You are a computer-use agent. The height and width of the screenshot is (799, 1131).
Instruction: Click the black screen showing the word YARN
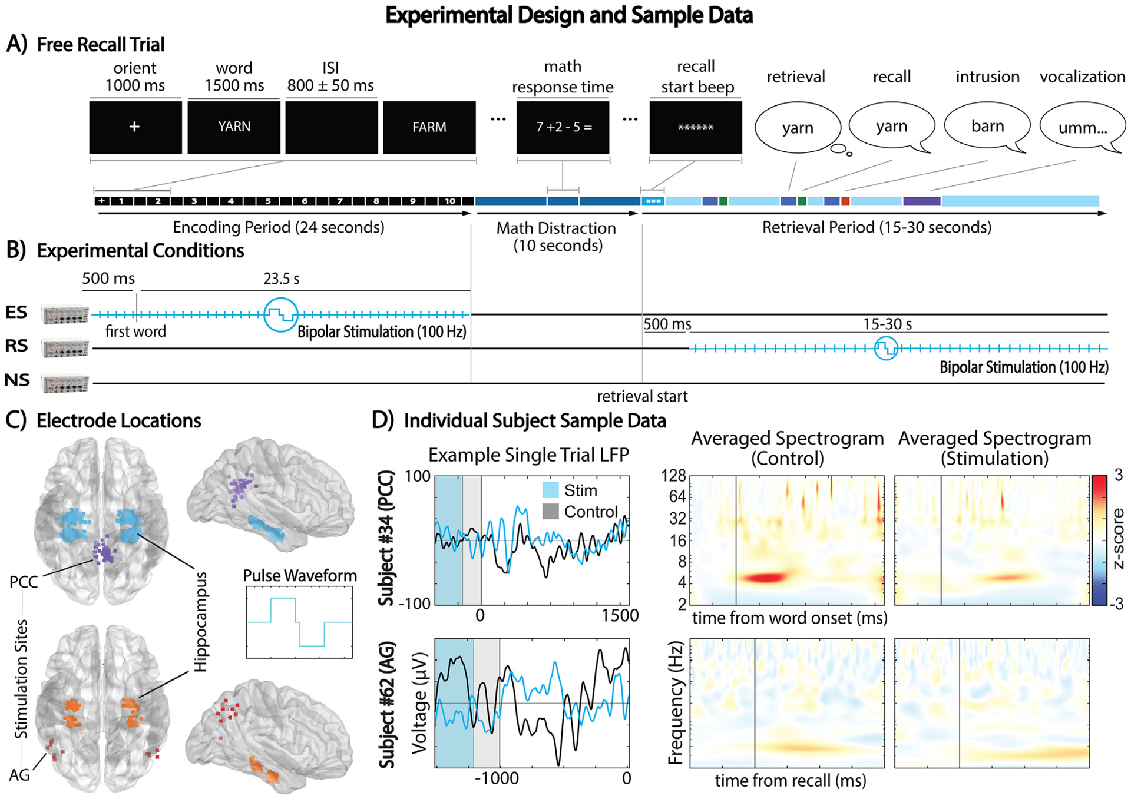[234, 127]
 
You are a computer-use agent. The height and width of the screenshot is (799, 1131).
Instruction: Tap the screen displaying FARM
[429, 127]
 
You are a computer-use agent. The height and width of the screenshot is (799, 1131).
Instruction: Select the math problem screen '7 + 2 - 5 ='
[563, 127]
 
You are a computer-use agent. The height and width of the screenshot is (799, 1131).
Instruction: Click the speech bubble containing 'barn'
[987, 127]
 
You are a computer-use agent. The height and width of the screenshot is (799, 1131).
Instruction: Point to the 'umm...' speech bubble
[1082, 128]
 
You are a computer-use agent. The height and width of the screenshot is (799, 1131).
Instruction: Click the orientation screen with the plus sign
[135, 127]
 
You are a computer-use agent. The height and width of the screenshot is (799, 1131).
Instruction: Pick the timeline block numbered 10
[450, 201]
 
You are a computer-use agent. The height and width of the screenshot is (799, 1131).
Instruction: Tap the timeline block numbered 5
[267, 201]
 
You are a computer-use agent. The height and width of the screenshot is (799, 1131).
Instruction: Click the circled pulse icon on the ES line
[280, 315]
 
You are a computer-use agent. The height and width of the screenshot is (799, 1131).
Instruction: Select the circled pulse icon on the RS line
[886, 349]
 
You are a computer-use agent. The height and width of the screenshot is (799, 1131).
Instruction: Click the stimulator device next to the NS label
[65, 383]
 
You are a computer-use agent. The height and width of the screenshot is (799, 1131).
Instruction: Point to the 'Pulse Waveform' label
[300, 575]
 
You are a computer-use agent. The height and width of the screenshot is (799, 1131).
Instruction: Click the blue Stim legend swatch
[550, 490]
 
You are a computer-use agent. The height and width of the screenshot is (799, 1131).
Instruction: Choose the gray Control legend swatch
[550, 511]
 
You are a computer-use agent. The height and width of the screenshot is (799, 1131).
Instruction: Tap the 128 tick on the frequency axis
[673, 476]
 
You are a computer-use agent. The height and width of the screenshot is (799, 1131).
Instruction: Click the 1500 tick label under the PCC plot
[620, 616]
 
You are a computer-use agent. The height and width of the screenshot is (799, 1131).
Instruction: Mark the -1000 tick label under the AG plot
[496, 778]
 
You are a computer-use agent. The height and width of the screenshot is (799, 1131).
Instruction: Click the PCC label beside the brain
[24, 582]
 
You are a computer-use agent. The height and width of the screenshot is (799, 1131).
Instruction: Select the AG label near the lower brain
[19, 775]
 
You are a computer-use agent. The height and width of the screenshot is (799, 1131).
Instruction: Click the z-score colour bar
[1099, 540]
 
